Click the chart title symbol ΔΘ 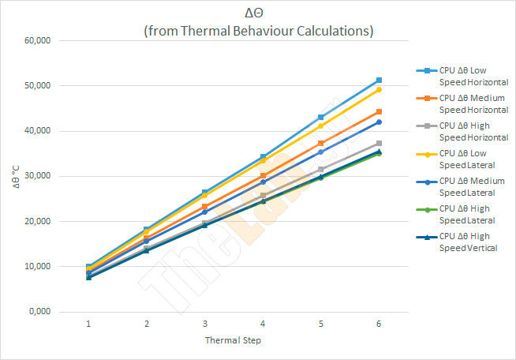(x=257, y=13)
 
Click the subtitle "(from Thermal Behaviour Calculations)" (x=258, y=31)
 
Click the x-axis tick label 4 (x=263, y=324)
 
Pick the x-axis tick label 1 (x=88, y=324)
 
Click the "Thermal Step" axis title (x=234, y=341)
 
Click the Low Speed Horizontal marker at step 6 (x=379, y=81)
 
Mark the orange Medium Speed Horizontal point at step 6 (x=379, y=112)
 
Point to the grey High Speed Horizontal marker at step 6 (x=379, y=143)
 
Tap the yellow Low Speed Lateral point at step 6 (x=379, y=89)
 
